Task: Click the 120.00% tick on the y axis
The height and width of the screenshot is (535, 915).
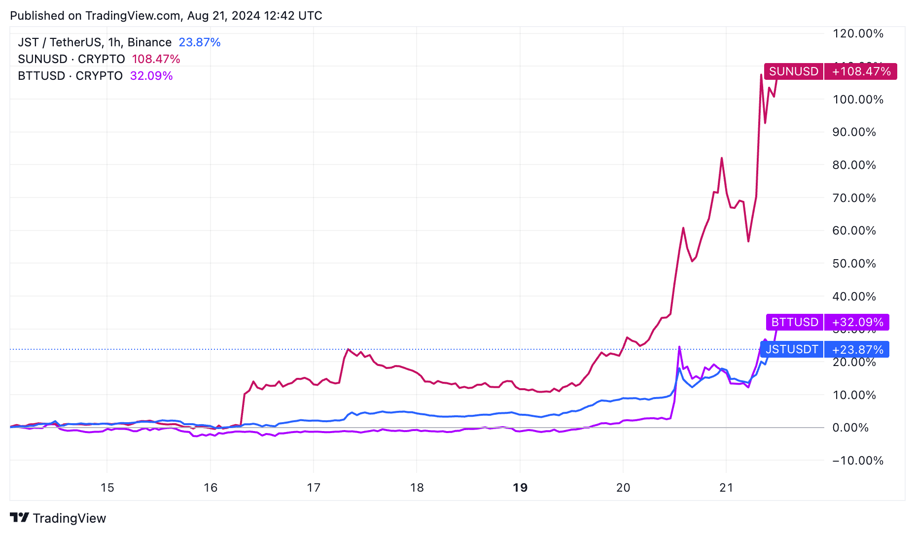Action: tap(857, 33)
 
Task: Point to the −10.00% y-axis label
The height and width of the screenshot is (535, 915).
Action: tap(857, 461)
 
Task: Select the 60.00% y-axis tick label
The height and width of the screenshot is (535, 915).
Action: tap(854, 231)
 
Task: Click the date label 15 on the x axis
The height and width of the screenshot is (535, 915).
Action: tap(107, 488)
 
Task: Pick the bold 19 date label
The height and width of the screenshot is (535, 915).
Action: tap(520, 488)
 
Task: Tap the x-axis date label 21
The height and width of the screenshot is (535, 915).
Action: tap(726, 488)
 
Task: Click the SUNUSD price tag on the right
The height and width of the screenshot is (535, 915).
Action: tap(794, 71)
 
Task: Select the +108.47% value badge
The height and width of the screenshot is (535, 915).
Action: tap(861, 71)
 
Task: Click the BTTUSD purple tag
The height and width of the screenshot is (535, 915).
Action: tap(795, 322)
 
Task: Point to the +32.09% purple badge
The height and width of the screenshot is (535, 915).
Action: tap(857, 322)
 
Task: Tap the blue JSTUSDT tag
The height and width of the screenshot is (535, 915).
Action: tap(792, 349)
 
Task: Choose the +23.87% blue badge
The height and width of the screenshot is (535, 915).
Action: tap(857, 350)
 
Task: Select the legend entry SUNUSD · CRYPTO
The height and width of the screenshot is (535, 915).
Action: tap(71, 59)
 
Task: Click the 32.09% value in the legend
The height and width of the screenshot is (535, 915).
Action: tap(151, 76)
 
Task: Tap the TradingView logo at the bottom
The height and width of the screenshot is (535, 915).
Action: tap(58, 518)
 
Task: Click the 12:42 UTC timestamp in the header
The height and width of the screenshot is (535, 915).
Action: tap(293, 16)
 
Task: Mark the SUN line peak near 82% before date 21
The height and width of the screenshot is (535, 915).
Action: tap(722, 158)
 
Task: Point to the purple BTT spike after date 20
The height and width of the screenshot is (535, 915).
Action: tap(679, 347)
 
